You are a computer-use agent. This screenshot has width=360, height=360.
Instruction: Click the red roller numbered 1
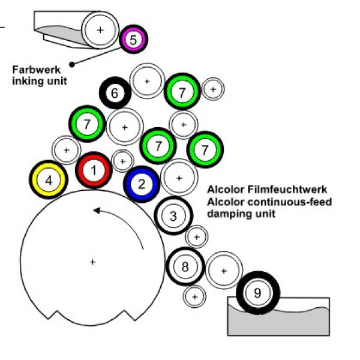(x=94, y=170)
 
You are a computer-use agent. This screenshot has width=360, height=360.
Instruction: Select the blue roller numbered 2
(x=142, y=184)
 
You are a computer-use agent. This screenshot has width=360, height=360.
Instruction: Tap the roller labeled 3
(x=173, y=215)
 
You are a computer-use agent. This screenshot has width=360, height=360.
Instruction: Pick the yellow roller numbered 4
(x=49, y=179)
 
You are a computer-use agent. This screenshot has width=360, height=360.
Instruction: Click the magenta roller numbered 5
(x=133, y=40)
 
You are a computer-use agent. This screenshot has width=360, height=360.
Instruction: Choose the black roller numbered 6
(x=115, y=93)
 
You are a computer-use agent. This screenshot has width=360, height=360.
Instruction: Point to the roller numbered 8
(x=185, y=266)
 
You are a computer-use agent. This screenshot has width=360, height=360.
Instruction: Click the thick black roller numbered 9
(x=258, y=293)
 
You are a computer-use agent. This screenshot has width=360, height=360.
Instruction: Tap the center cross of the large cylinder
(x=92, y=261)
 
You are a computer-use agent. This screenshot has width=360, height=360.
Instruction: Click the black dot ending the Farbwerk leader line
(x=72, y=64)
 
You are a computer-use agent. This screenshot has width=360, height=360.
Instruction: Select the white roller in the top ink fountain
(x=100, y=29)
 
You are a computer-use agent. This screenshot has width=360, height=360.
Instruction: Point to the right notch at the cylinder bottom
(x=127, y=315)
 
